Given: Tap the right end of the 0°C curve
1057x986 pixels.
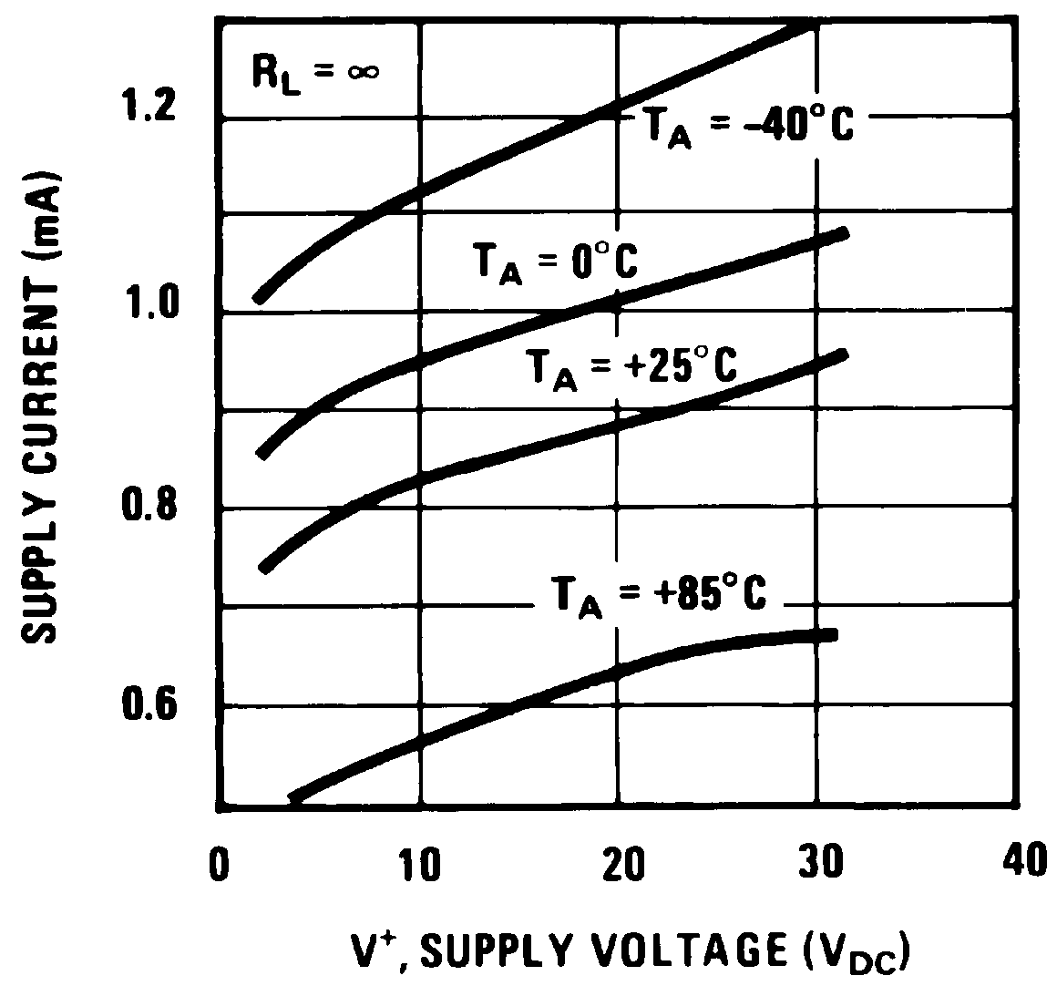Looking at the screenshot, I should pyautogui.click(x=844, y=233).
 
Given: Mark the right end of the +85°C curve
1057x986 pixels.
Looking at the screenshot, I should pyautogui.click(x=831, y=634).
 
